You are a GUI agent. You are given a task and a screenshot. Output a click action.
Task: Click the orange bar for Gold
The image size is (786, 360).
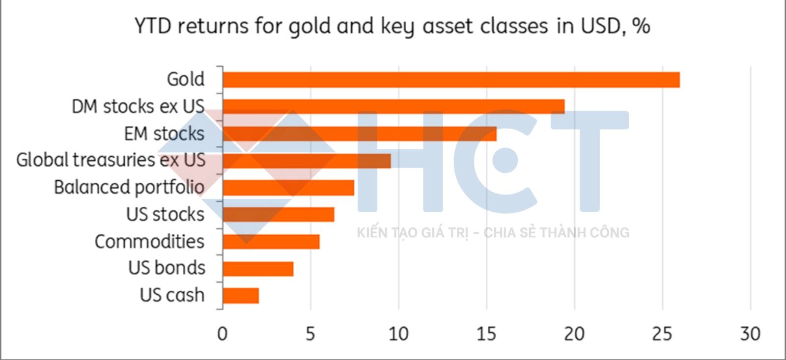click(x=451, y=80)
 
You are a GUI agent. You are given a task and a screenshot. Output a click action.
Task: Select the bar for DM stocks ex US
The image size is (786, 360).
click(x=393, y=107)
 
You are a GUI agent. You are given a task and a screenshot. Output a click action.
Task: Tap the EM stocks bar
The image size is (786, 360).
click(x=359, y=134)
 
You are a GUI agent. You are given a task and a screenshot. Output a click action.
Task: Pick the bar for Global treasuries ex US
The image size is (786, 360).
click(x=307, y=161)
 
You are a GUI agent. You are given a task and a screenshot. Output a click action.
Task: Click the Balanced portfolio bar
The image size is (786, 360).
click(x=288, y=188)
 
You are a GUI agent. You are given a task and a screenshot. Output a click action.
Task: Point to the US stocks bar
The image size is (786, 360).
click(x=278, y=215)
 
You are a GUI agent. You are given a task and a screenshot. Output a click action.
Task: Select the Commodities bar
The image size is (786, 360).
click(x=271, y=242)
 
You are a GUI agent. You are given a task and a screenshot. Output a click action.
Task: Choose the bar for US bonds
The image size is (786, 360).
click(x=258, y=269)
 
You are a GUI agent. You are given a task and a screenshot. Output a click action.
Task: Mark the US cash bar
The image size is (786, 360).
click(x=240, y=296)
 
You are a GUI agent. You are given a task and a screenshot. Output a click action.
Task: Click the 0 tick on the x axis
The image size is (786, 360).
click(x=222, y=334)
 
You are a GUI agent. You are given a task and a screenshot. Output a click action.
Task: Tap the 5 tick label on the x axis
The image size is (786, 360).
click(x=310, y=334)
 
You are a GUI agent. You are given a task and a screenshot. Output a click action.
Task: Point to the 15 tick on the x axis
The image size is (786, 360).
click(x=486, y=334)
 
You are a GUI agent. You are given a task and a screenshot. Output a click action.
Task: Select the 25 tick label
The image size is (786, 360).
click(x=662, y=334)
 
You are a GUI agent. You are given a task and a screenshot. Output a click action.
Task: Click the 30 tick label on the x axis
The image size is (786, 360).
click(x=750, y=334)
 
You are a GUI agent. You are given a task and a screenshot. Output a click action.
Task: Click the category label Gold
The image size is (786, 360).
click(x=185, y=79)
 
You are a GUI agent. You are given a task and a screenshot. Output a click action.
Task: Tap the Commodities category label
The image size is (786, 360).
click(x=149, y=242)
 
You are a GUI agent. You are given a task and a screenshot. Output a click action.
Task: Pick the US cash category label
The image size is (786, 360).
click(x=172, y=295)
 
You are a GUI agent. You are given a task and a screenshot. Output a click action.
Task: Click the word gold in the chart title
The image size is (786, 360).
click(x=309, y=27)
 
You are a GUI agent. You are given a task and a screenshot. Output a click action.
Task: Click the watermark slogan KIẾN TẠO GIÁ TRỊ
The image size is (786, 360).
click(x=412, y=233)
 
